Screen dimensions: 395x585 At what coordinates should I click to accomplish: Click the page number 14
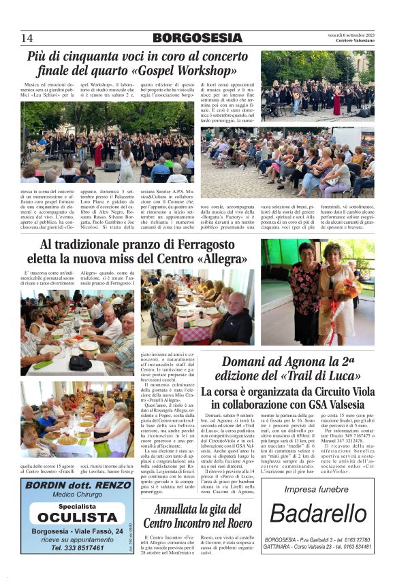tap(27, 37)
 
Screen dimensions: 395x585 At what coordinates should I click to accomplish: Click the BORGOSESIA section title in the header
tap(197, 37)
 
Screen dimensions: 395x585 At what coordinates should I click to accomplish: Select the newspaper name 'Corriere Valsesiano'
tap(353, 40)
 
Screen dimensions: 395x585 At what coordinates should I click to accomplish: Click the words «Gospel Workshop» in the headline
tap(183, 70)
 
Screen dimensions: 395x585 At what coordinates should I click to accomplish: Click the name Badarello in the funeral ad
tap(317, 513)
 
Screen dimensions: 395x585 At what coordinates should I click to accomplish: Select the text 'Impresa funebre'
tap(316, 489)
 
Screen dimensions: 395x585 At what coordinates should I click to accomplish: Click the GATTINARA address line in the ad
tap(317, 546)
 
